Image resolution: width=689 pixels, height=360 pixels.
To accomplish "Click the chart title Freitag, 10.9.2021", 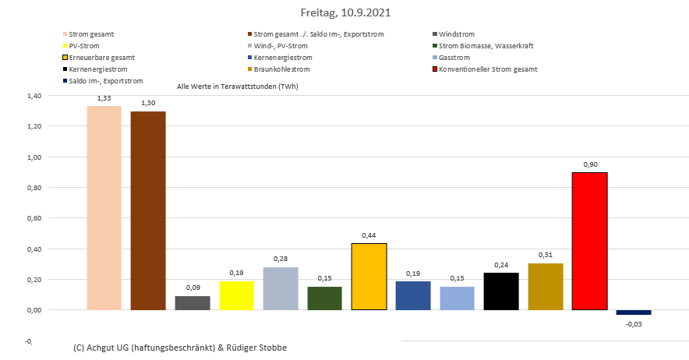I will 345,13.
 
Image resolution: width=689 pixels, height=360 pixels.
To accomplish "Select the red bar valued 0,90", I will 589,241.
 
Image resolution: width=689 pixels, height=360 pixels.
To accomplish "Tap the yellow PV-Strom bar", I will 236,295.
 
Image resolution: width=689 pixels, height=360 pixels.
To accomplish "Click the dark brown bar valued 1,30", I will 148,210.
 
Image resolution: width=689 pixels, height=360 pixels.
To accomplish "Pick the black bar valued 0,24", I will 501,291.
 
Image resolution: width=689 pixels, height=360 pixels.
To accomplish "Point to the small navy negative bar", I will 633,312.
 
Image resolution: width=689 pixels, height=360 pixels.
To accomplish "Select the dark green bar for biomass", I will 324,298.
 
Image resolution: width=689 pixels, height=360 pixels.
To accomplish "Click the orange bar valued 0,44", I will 369,277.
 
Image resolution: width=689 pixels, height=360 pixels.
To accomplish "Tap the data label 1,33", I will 104,98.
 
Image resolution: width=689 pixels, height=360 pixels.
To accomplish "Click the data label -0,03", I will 633,324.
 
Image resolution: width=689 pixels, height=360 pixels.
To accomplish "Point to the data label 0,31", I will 545,256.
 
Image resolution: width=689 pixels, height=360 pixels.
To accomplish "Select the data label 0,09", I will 193,288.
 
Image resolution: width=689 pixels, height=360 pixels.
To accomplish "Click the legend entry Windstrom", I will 456,34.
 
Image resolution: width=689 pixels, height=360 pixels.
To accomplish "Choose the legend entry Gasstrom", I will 454,58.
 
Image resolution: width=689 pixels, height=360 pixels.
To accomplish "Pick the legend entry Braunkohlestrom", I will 284,69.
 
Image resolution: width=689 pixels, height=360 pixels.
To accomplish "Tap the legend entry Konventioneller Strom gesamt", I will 488,69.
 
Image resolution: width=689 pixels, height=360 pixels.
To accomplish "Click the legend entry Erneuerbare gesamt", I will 101,58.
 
